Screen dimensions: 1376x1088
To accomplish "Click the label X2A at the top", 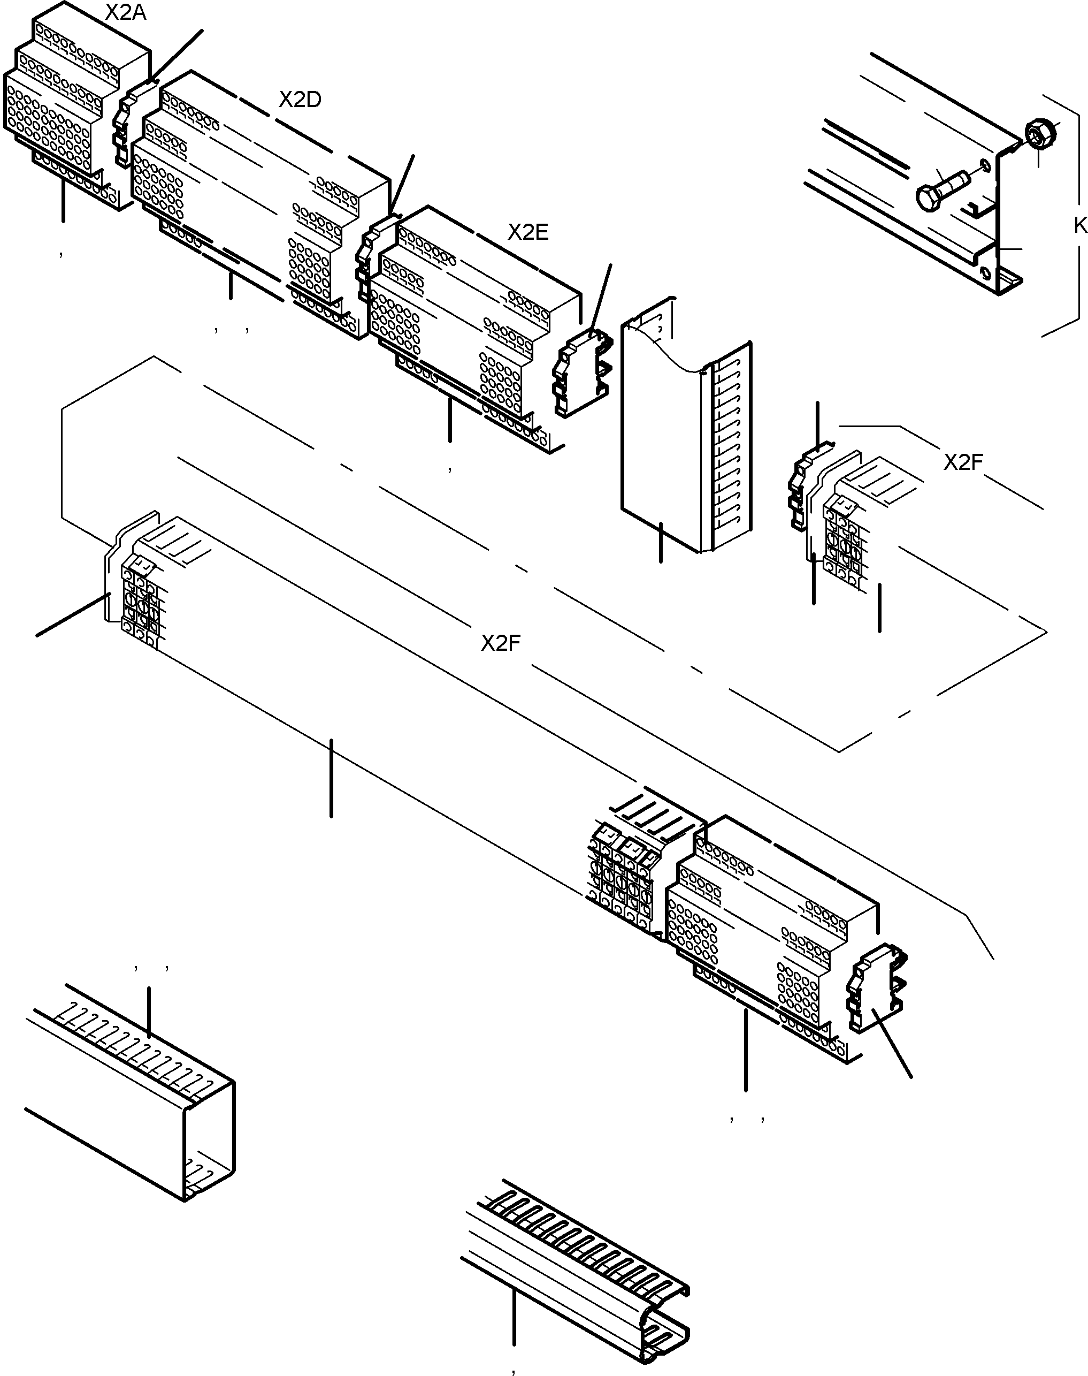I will pos(126,12).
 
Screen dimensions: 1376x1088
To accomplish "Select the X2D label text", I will pos(300,100).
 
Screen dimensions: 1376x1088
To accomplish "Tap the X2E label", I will pos(527,232).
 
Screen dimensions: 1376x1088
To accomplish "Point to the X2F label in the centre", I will pos(501,643).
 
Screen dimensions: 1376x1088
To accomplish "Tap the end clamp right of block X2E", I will pos(581,373).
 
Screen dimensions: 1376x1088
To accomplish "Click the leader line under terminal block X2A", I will pos(63,201).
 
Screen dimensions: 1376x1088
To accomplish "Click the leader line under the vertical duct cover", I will pos(661,542).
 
